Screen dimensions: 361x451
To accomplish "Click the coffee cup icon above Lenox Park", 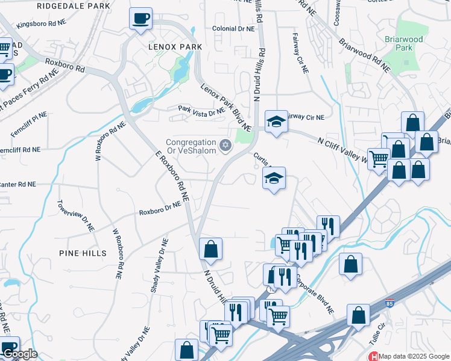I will click(140, 19).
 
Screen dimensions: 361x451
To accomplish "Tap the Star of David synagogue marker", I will click(225, 144).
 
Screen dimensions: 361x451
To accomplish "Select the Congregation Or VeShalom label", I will click(191, 146).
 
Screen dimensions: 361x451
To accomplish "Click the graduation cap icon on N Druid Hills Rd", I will click(276, 122).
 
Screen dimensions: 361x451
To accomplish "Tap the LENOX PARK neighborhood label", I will click(175, 46).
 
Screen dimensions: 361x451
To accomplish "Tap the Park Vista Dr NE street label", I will click(201, 109).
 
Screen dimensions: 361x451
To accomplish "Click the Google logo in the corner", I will click(19, 354).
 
